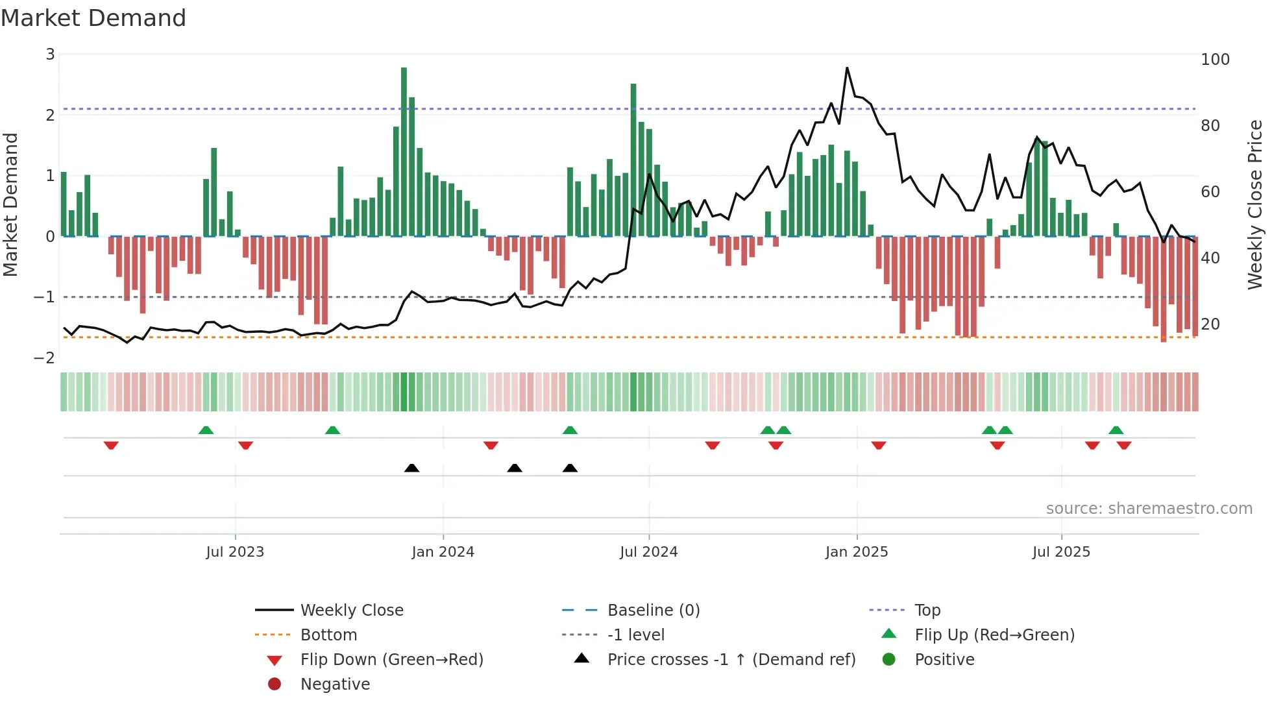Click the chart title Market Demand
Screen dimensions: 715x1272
[93, 18]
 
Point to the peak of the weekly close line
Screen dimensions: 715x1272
[847, 68]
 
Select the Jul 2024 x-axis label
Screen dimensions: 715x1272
[648, 552]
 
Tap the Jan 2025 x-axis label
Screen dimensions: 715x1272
[857, 552]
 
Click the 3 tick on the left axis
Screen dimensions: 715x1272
[50, 55]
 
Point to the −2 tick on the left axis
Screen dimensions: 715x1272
[44, 358]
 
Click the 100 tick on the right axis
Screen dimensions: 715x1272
[1215, 60]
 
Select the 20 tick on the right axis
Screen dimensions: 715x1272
[1210, 324]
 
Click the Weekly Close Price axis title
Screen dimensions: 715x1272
[1255, 204]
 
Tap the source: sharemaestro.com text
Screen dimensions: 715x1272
[1149, 509]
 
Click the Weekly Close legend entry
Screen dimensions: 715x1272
[352, 611]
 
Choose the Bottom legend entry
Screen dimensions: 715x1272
[328, 635]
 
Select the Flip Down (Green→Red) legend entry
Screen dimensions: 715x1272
[391, 660]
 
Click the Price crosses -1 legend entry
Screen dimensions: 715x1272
[731, 660]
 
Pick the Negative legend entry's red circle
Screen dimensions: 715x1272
[275, 685]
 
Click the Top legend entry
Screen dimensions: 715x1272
[927, 611]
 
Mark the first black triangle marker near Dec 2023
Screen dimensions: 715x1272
[411, 468]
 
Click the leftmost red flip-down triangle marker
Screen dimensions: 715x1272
[111, 446]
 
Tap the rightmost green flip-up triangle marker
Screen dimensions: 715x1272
[1116, 430]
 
